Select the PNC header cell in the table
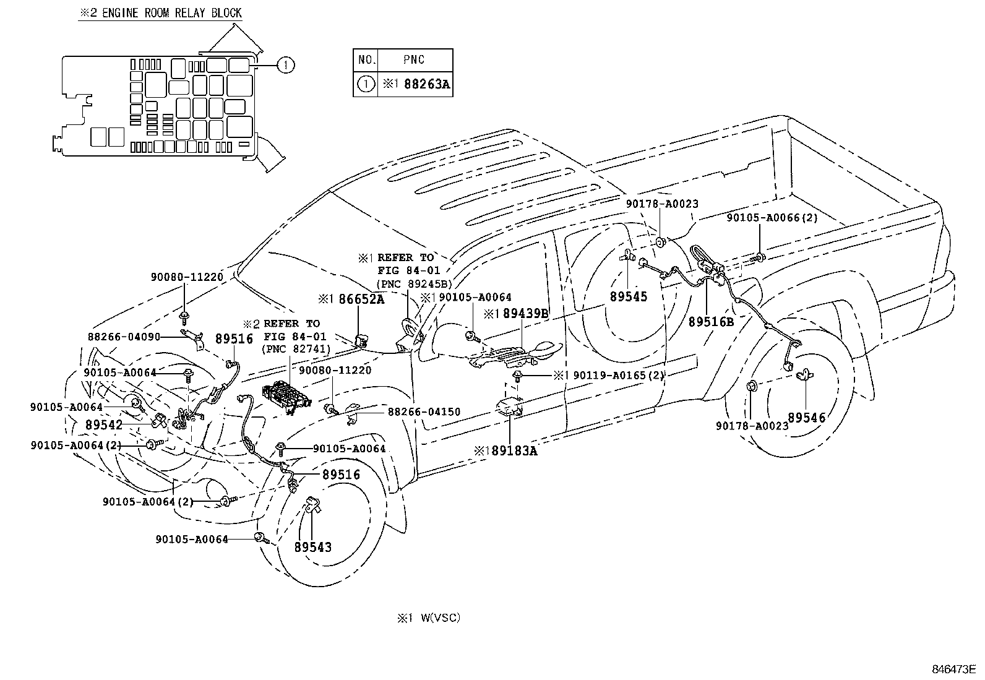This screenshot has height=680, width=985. click(413, 60)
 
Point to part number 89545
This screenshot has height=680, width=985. click(628, 296)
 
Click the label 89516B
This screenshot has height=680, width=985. click(711, 322)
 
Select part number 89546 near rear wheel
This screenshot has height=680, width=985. click(806, 418)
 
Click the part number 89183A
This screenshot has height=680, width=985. click(514, 451)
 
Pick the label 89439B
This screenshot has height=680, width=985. click(525, 314)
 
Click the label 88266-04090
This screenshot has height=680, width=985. click(124, 337)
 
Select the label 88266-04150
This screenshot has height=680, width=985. click(424, 411)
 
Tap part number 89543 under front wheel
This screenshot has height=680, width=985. click(312, 547)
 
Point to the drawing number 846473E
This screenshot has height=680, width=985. click(953, 669)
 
